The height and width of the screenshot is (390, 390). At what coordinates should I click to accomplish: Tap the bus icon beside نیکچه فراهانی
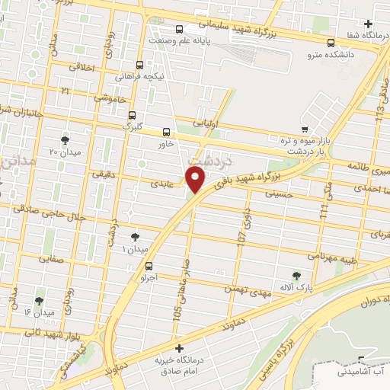pyautogui.click(x=139, y=66)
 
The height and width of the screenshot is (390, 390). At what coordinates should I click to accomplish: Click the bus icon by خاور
pyautogui.click(x=167, y=132)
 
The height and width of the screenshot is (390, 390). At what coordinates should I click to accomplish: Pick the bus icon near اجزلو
pyautogui.click(x=149, y=267)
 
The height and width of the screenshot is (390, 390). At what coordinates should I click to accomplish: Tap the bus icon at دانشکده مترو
pyautogui.click(x=331, y=43)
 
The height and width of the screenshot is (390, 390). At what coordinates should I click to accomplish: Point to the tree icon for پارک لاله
pyautogui.click(x=296, y=275)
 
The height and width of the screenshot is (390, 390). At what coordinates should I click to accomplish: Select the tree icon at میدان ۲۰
pyautogui.click(x=65, y=140)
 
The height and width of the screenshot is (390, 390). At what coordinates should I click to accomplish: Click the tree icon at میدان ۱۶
pyautogui.click(x=39, y=301)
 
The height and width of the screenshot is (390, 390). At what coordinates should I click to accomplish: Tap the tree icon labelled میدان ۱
pyautogui.click(x=136, y=238)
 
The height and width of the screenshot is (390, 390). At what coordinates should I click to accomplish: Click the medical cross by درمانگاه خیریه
pyautogui.click(x=179, y=347)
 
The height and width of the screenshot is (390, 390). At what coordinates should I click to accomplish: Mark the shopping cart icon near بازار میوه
pyautogui.click(x=305, y=129)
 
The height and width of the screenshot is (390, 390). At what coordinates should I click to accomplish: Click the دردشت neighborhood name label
pyautogui.click(x=204, y=161)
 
